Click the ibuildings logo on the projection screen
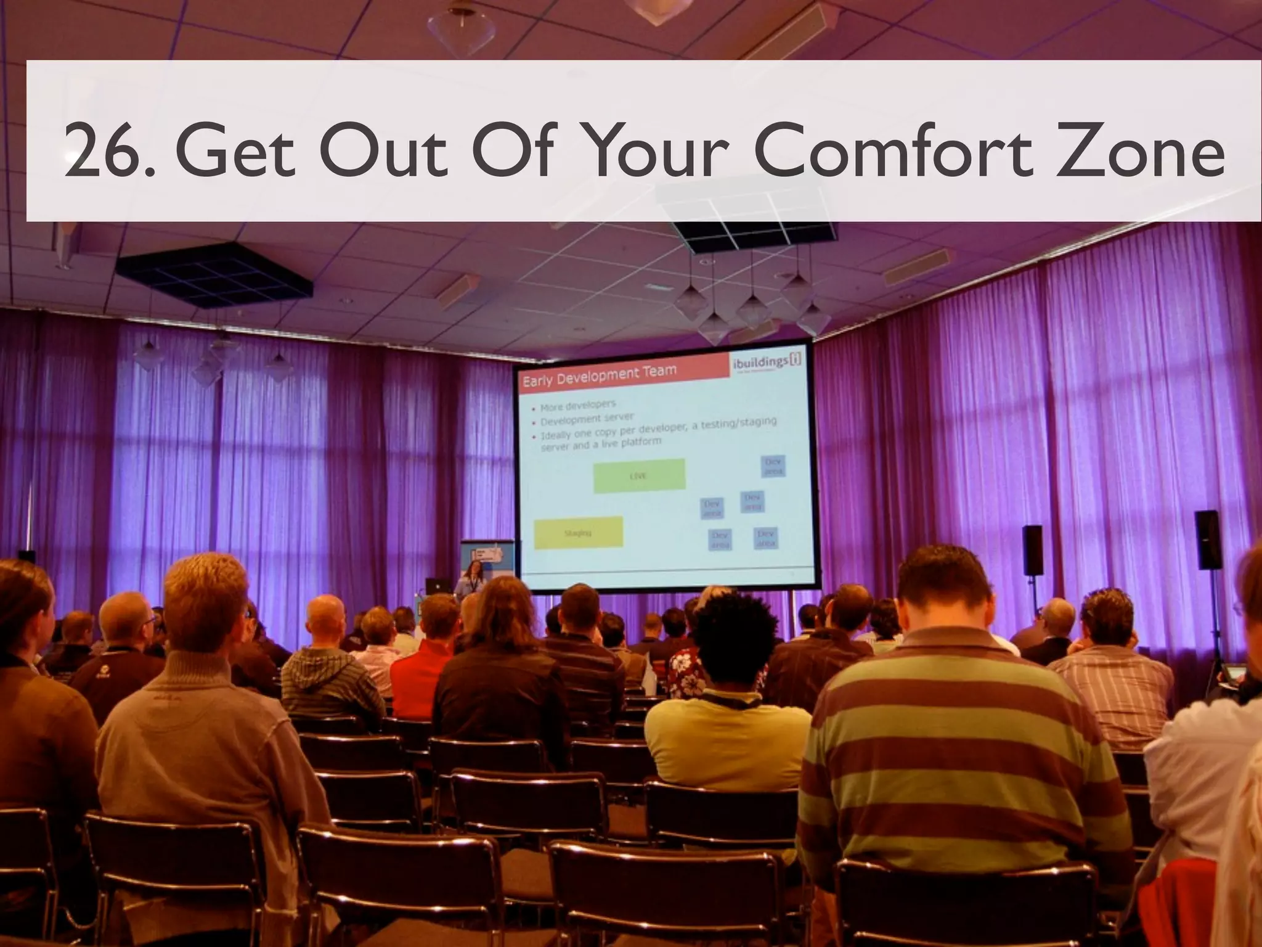pyautogui.click(x=767, y=363)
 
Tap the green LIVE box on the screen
pyautogui.click(x=639, y=475)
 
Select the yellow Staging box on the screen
pyautogui.click(x=578, y=533)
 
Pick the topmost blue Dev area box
pyautogui.click(x=773, y=466)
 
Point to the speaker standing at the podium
pyautogui.click(x=474, y=578)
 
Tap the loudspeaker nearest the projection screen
pyautogui.click(x=1033, y=550)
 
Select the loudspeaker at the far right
pyautogui.click(x=1207, y=540)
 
